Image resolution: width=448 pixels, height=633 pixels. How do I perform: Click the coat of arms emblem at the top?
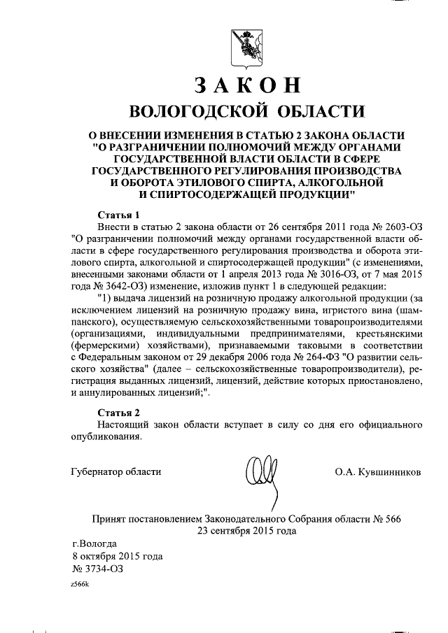pyautogui.click(x=246, y=48)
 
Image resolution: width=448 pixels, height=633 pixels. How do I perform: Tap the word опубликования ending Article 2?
pyautogui.click(x=106, y=437)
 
